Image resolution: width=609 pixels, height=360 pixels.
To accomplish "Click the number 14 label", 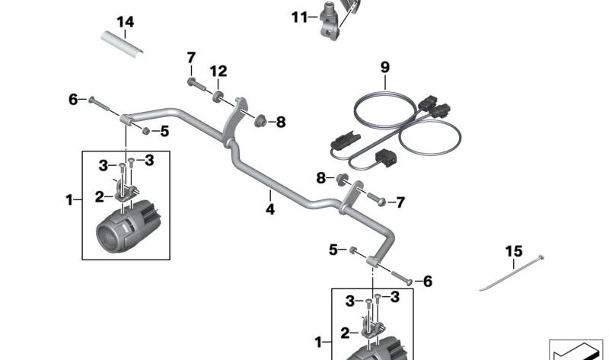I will (x=125, y=22).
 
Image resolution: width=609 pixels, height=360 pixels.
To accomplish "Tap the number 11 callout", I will (x=298, y=16).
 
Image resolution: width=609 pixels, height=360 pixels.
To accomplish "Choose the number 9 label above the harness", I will (x=384, y=67).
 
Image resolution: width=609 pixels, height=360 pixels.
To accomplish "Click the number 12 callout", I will (x=218, y=72).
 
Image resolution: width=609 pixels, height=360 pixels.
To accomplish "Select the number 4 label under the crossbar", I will (x=269, y=206).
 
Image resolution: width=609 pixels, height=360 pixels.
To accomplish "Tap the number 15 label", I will (x=514, y=251).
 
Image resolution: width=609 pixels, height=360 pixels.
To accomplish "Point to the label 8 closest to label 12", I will (x=280, y=121).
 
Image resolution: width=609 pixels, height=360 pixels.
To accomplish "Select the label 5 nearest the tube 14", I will (x=164, y=131).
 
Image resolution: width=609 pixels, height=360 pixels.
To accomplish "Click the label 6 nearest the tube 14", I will (x=73, y=99).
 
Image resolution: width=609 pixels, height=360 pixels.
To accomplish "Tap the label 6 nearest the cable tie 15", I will (x=427, y=282).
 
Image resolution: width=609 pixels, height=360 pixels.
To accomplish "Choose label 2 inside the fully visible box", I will (x=99, y=196).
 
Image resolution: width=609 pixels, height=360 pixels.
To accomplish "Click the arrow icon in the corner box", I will (x=575, y=352).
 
